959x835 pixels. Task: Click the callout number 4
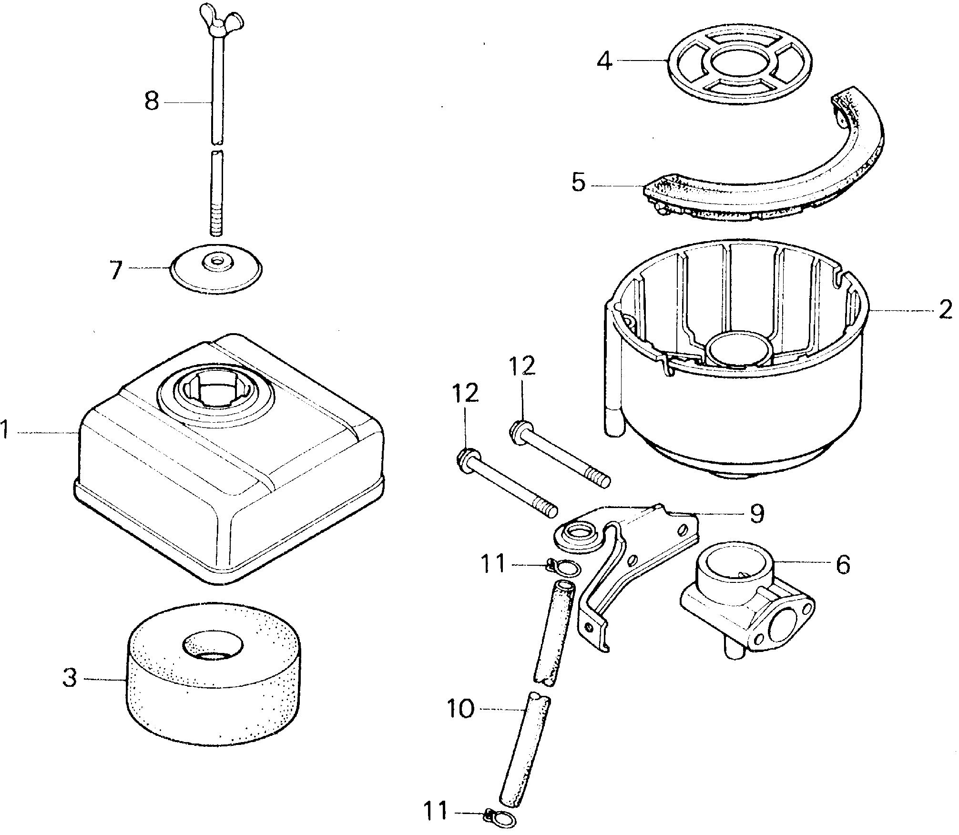(605, 61)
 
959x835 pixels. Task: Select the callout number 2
(945, 310)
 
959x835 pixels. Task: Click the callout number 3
(70, 678)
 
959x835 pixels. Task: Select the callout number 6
(843, 565)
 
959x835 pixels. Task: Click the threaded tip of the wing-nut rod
(216, 224)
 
